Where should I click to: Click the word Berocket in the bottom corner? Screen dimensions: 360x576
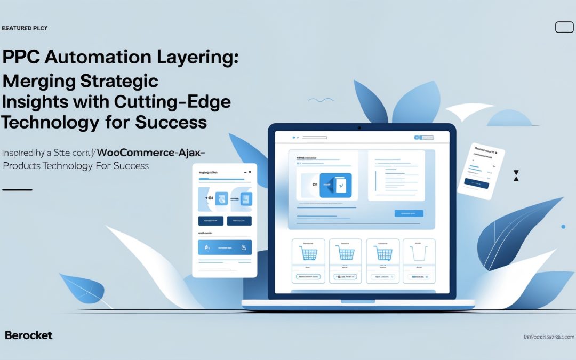tap(28, 335)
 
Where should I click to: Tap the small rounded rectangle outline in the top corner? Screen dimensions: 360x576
tap(564, 27)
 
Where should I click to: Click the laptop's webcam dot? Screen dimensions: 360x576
tap(359, 128)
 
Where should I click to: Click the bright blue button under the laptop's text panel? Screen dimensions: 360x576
tap(409, 213)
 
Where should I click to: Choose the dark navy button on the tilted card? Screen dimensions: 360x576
tap(476, 181)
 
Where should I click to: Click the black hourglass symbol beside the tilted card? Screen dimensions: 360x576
tap(515, 176)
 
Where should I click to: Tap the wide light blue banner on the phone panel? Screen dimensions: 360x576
tap(225, 247)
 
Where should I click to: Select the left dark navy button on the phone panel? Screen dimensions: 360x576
tap(211, 220)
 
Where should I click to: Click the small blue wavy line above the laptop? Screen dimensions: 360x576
tap(321, 100)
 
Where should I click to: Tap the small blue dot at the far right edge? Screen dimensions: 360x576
tap(563, 227)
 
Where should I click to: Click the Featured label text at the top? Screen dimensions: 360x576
tap(24, 28)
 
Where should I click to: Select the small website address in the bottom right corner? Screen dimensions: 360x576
tap(548, 337)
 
